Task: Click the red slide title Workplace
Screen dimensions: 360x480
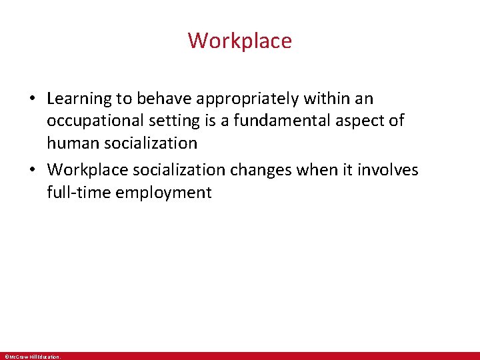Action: (x=239, y=41)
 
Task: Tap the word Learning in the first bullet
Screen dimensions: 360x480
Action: (x=79, y=99)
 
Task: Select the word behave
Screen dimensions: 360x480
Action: (x=163, y=99)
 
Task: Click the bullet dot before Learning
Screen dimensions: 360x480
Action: (x=32, y=99)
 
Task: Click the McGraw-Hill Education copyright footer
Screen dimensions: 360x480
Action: (x=31, y=357)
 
